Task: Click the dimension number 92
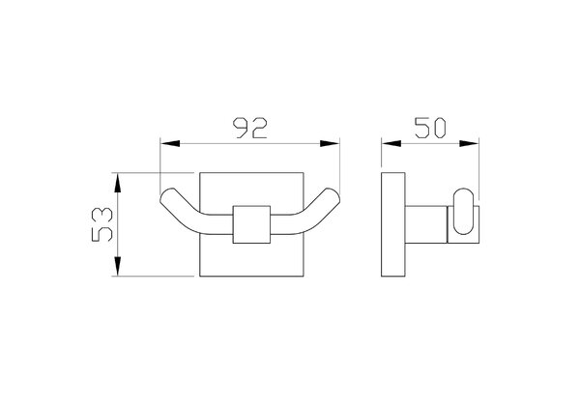[x=250, y=128]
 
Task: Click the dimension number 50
[x=430, y=128]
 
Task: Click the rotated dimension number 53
[x=102, y=224]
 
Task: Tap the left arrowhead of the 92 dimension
[x=170, y=143]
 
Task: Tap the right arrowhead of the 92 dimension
[x=330, y=143]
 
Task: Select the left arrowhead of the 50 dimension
[x=391, y=143]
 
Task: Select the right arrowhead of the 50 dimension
[x=469, y=143]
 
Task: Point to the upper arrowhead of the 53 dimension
[x=118, y=183]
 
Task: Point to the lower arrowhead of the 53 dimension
[x=118, y=267]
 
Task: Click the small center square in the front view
[x=251, y=224]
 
